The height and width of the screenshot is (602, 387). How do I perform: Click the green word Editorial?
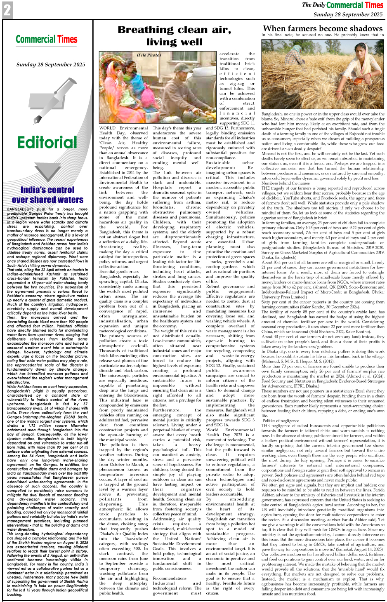click(x=47, y=143)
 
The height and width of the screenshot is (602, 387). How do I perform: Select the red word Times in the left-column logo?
click(x=67, y=40)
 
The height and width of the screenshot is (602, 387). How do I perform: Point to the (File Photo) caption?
click(x=149, y=55)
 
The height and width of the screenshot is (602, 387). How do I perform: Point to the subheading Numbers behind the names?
click(x=286, y=183)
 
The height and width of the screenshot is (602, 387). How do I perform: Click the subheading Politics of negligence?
click(x=281, y=421)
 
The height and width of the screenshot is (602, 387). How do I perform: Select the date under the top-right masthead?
click(x=348, y=14)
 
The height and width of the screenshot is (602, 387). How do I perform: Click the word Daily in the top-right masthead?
click(x=319, y=5)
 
